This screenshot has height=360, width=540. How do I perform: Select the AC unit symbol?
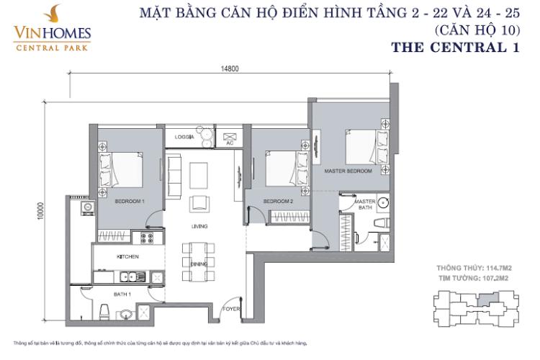point(230,136)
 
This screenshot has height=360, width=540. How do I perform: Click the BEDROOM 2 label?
point(278,202)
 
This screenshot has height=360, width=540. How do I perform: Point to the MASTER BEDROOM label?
point(347,171)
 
